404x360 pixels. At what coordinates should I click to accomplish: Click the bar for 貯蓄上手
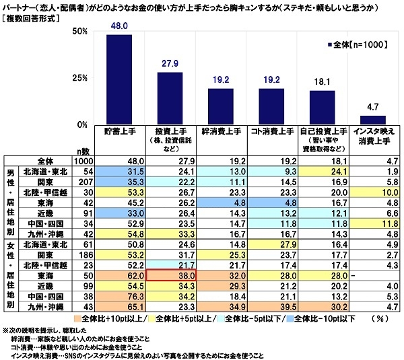click(119, 79)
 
